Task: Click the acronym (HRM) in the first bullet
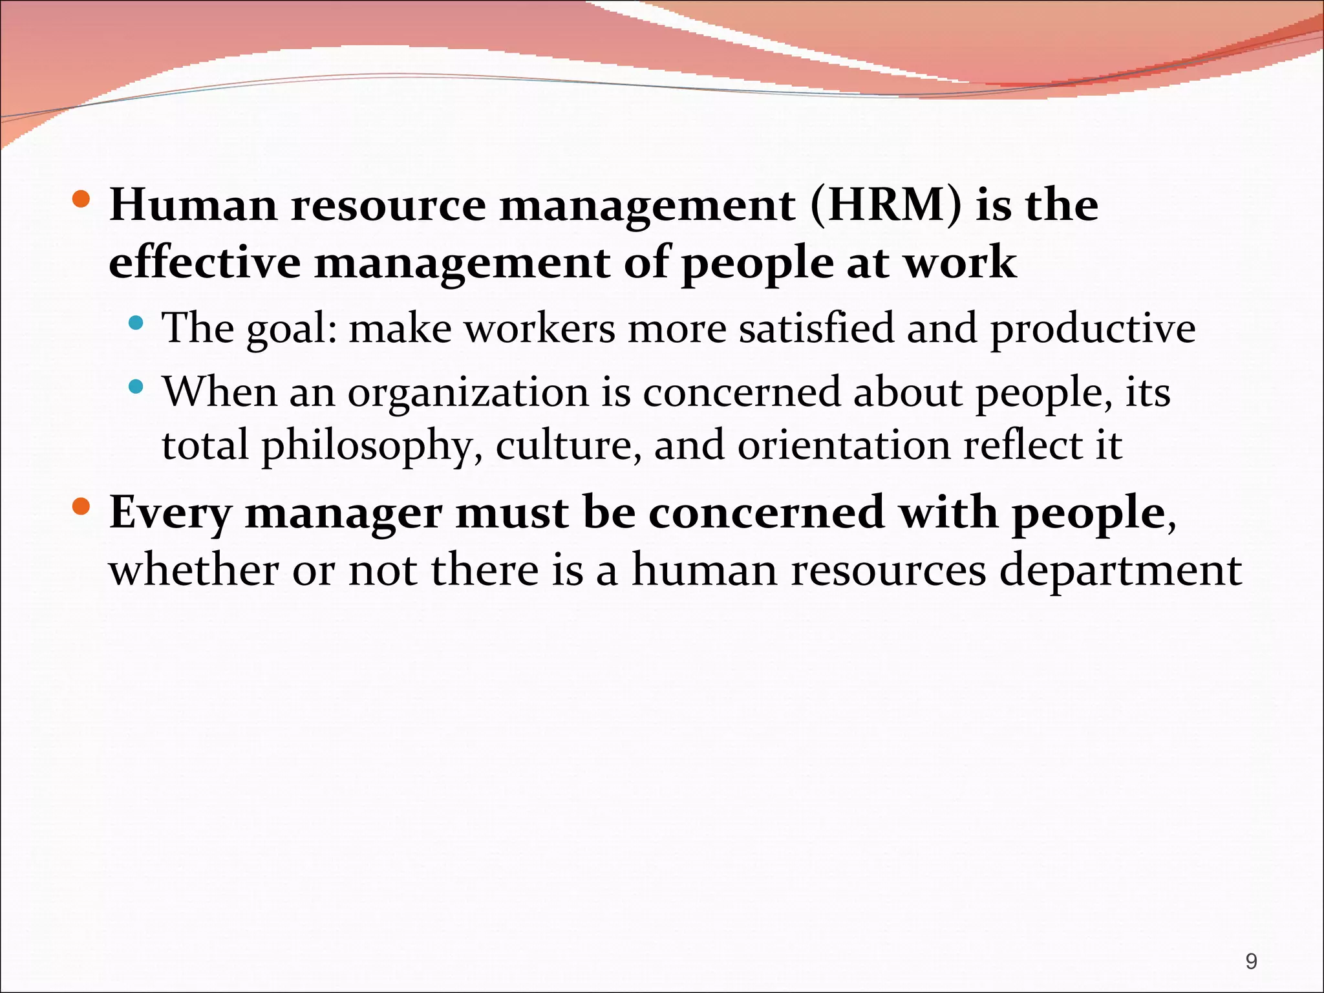[x=885, y=206]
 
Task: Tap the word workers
[x=540, y=328]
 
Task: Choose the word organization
[x=468, y=393]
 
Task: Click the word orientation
[x=844, y=445]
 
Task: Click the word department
[x=1120, y=570]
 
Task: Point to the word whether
[x=193, y=570]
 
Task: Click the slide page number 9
[x=1251, y=961]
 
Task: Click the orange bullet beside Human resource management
[x=81, y=198]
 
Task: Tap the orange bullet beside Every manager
[x=81, y=506]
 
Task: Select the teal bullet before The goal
[x=135, y=322]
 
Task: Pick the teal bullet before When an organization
[x=135, y=387]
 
